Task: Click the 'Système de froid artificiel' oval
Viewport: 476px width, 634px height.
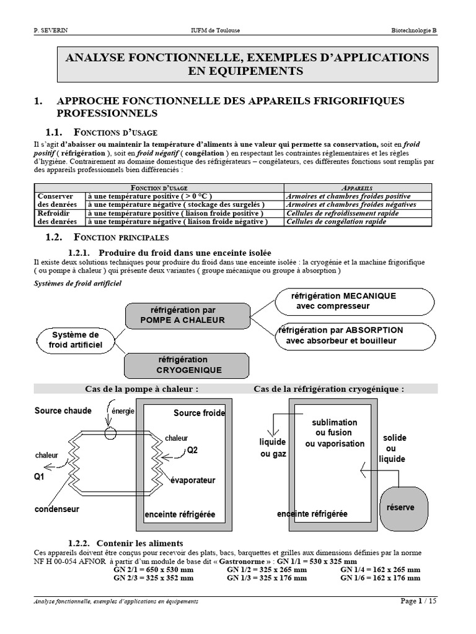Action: (76, 339)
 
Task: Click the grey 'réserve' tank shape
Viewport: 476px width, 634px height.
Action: (400, 508)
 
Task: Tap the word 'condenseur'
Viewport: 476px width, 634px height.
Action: (57, 509)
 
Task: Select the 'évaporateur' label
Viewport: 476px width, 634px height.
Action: (193, 480)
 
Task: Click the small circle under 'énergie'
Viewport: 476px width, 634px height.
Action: (110, 433)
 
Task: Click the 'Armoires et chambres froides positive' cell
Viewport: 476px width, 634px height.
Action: (348, 196)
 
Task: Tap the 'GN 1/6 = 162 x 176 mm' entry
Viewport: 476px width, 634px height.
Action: (380, 578)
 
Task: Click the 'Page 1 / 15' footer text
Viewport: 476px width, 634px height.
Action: (418, 601)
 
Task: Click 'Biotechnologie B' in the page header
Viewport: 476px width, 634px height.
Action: (413, 30)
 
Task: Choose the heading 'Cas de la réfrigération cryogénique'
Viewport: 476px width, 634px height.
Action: (328, 389)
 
